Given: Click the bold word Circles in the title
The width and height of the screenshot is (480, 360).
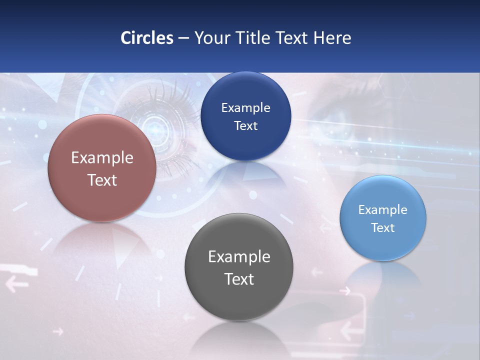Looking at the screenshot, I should pyautogui.click(x=146, y=38).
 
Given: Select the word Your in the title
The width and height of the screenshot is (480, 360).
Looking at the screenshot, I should pyautogui.click(x=210, y=38).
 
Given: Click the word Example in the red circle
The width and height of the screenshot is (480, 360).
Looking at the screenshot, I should pyautogui.click(x=102, y=158).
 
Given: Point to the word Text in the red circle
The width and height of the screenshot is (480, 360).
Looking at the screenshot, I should pyautogui.click(x=102, y=180).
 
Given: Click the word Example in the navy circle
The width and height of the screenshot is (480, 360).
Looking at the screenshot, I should pyautogui.click(x=245, y=108).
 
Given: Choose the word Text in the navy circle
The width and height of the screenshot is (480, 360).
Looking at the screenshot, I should pyautogui.click(x=245, y=126).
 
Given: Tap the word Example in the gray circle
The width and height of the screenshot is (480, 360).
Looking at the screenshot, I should pyautogui.click(x=239, y=257).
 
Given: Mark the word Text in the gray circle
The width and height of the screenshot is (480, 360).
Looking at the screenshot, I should pyautogui.click(x=239, y=279).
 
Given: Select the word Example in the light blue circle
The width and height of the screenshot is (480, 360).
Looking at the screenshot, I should pyautogui.click(x=383, y=210).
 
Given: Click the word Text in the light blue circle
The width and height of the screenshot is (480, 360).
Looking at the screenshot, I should pyautogui.click(x=383, y=228).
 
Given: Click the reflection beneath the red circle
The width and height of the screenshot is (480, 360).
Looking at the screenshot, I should pyautogui.click(x=102, y=245).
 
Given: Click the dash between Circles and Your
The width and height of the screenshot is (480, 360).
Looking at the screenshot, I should pyautogui.click(x=183, y=38).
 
